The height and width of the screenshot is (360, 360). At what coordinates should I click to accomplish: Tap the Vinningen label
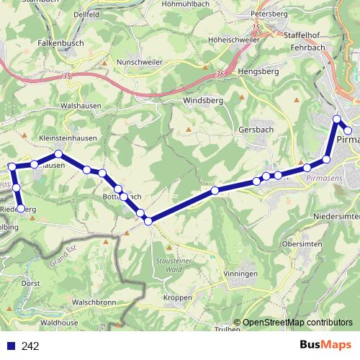[240, 274]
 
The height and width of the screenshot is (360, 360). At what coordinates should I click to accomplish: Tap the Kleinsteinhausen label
[68, 138]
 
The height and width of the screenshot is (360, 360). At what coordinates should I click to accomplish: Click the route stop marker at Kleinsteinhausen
[58, 154]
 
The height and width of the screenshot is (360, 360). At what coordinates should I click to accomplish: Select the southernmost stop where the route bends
[148, 222]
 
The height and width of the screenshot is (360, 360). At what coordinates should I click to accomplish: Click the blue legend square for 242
[12, 346]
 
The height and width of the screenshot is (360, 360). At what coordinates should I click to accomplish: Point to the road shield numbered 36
[220, 73]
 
